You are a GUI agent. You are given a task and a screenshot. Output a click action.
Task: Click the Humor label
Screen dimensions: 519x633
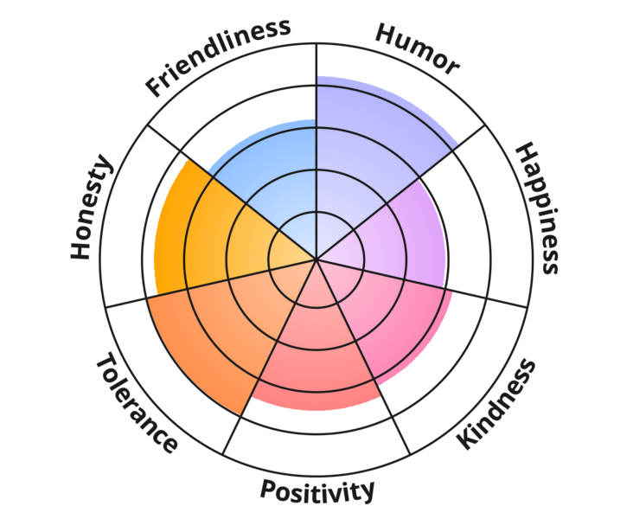tap(417, 49)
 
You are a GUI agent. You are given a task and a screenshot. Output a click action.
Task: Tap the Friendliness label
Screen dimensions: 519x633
tap(217, 56)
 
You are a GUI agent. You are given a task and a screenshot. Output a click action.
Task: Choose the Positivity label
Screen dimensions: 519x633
tap(317, 490)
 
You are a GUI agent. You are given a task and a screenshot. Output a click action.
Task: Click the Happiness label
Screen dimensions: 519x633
tap(536, 208)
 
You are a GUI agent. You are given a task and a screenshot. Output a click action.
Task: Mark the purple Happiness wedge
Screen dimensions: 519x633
tap(406, 234)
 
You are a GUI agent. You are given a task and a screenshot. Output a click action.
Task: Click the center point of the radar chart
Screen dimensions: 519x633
tap(316, 259)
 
